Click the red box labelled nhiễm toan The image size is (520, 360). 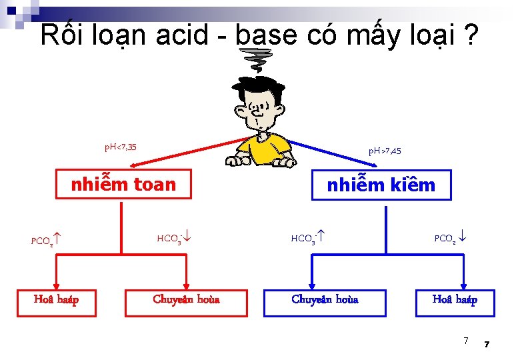[x=123, y=185]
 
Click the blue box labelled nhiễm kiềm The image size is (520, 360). [x=381, y=185]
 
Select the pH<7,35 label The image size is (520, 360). [x=120, y=146]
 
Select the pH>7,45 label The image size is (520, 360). [x=385, y=151]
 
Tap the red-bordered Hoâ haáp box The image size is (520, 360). [x=56, y=299]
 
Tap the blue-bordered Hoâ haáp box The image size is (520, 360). [x=455, y=299]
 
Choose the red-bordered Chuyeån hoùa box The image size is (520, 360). [x=186, y=299]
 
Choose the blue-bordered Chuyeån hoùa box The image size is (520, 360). [x=325, y=299]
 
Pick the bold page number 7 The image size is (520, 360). [x=487, y=344]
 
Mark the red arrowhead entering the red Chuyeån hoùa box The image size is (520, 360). [x=186, y=283]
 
